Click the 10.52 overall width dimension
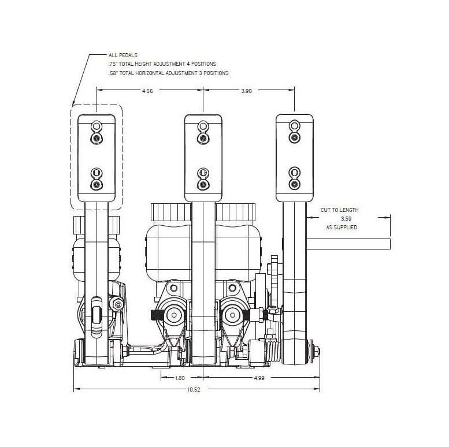[194, 389]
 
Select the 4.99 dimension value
[259, 378]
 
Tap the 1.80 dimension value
[180, 378]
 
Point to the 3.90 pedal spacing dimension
[247, 91]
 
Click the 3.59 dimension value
[346, 219]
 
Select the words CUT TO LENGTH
[340, 210]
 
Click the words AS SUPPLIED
[342, 227]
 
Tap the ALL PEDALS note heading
[123, 55]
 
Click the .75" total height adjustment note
[162, 64]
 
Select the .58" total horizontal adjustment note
[168, 73]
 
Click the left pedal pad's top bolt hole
[97, 126]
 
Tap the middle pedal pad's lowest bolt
[203, 184]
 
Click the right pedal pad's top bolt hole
[294, 125]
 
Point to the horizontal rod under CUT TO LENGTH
[348, 244]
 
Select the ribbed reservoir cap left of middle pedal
[171, 212]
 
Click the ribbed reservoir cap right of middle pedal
[235, 212]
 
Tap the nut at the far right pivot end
[317, 352]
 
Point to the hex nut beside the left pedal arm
[117, 304]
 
